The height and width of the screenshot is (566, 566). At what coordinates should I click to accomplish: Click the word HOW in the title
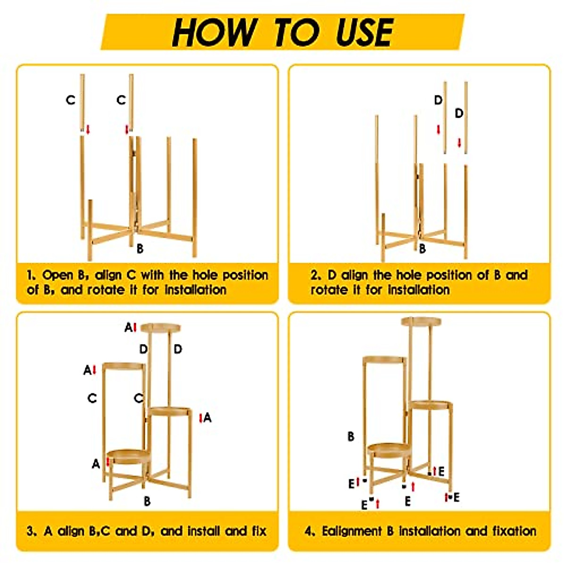(x=215, y=33)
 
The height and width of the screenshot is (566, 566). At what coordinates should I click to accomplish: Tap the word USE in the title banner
(x=364, y=33)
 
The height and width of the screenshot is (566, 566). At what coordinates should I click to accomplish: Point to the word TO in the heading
(x=297, y=33)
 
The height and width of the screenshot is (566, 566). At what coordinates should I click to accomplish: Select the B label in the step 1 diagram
(x=140, y=249)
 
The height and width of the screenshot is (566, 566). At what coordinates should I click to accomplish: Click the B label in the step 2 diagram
(x=422, y=249)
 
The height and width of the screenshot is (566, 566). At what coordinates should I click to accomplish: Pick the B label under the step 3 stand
(x=147, y=501)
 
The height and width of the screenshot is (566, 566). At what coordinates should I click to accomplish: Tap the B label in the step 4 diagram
(x=351, y=436)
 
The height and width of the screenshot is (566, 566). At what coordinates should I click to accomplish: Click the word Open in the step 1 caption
(x=58, y=275)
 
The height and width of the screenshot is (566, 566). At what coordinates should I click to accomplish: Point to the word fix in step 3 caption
(x=259, y=531)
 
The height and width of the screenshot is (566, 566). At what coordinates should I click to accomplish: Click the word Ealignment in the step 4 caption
(x=352, y=532)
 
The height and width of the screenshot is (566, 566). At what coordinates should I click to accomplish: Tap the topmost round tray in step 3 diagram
(x=160, y=327)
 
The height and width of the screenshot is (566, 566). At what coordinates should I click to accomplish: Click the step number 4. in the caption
(x=309, y=531)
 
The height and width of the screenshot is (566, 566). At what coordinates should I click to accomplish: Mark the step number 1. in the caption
(x=32, y=275)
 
